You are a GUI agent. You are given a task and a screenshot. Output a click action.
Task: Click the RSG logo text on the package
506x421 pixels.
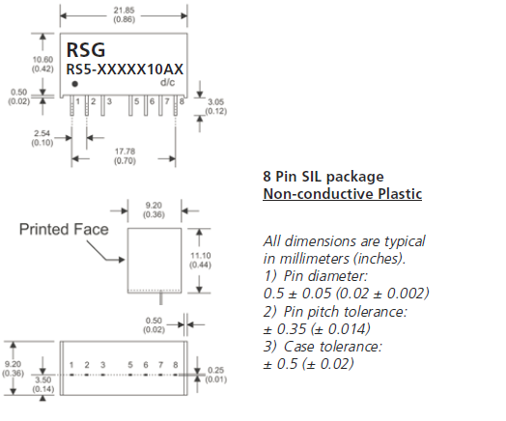point(86,50)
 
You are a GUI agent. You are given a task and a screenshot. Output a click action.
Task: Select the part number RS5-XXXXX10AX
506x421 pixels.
point(125,70)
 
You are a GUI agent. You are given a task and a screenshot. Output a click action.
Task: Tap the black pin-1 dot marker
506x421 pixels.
point(75,84)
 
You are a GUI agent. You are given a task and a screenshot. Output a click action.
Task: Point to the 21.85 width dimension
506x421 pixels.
point(124,11)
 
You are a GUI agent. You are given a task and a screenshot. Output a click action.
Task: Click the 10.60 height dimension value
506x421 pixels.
point(42,60)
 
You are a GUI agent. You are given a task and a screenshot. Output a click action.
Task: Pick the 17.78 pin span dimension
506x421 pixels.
point(125,152)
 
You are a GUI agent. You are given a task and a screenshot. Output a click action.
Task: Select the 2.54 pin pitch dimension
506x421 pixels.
point(42,133)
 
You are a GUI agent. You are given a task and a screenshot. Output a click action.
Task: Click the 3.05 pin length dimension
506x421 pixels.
point(215,102)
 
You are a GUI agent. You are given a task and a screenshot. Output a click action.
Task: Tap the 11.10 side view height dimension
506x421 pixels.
point(201,256)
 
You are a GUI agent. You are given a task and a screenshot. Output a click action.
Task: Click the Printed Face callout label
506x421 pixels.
point(64,230)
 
